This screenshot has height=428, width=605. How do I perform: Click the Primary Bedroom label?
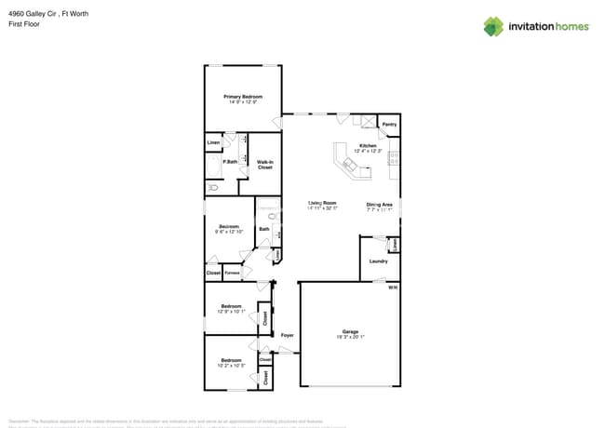tap(242, 97)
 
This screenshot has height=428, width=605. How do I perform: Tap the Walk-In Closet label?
tap(264, 165)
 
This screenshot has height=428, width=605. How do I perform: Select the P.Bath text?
tap(229, 163)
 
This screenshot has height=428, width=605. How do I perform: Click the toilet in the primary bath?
tap(212, 187)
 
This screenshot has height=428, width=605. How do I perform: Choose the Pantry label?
tap(389, 124)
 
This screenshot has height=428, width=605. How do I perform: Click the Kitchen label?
tap(369, 146)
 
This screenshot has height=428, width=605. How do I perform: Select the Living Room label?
tap(322, 203)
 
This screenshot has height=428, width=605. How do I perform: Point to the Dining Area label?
tap(379, 204)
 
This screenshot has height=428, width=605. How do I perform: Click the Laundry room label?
tap(378, 261)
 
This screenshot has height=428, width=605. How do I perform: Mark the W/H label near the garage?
tap(393, 288)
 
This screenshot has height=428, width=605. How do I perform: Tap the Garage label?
tap(350, 331)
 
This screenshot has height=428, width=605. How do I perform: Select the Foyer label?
tap(288, 335)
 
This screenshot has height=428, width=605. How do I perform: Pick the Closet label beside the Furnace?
tap(213, 273)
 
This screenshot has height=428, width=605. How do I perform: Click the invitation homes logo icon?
tap(493, 26)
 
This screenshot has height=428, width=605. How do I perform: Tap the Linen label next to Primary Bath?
tap(213, 142)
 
